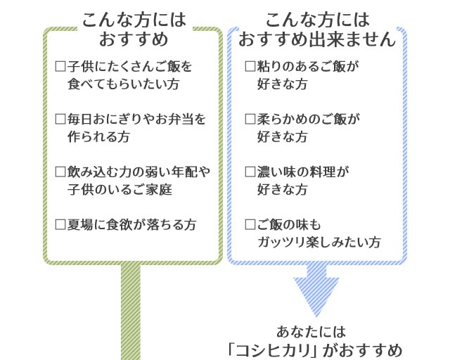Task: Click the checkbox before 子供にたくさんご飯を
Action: click(x=60, y=67)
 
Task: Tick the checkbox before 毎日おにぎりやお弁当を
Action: click(x=60, y=120)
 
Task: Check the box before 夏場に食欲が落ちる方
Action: click(x=60, y=225)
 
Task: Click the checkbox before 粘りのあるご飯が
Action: click(x=250, y=67)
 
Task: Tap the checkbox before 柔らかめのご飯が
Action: click(x=250, y=120)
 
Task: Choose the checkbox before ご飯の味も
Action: click(x=250, y=225)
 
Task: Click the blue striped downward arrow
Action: click(x=316, y=292)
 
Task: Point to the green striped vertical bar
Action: click(x=130, y=313)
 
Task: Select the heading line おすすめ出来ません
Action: click(x=317, y=39)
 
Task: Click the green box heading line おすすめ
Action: click(x=134, y=39)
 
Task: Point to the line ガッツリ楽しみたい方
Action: click(x=320, y=243)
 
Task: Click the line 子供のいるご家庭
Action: click(x=120, y=190)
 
